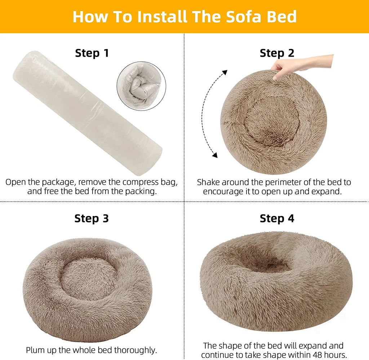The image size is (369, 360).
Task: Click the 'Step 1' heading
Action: (92, 53)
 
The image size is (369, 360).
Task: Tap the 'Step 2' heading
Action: (277, 53)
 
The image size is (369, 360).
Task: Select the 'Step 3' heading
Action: (92, 219)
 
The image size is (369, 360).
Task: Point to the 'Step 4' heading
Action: (277, 219)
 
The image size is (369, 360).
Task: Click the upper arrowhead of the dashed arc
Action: (224, 73)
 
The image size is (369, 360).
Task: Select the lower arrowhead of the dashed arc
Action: (215, 155)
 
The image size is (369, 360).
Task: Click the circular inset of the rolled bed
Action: (141, 85)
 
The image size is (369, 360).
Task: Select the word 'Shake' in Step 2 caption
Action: (209, 183)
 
